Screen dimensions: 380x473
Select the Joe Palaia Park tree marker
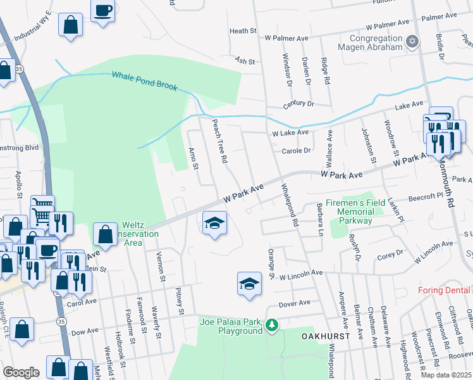pos(272,326)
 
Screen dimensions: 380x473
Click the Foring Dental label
pos(445,291)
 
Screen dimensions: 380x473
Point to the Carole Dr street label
pos(297,151)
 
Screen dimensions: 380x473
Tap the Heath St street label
pos(243,30)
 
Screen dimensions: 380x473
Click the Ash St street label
pos(244,61)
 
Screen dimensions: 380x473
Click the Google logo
pos(21,372)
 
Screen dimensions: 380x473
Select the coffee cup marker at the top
pos(102,10)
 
